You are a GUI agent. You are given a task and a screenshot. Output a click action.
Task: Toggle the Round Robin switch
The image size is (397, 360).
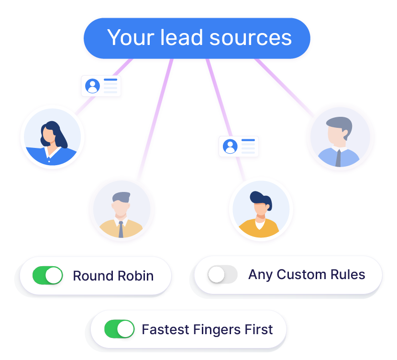47,276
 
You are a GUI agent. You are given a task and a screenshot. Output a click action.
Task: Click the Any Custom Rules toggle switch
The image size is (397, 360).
222,274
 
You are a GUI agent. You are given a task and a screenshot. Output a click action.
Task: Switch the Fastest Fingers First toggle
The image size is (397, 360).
119,329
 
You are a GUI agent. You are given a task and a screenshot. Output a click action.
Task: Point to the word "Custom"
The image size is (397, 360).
298,274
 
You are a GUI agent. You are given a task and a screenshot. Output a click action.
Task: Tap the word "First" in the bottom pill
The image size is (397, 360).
260,329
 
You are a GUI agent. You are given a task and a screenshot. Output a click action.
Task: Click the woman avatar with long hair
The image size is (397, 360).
52,137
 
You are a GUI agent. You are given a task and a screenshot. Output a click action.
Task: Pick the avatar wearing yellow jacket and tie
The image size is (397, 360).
121,211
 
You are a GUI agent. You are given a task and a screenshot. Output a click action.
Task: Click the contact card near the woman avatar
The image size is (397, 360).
101,87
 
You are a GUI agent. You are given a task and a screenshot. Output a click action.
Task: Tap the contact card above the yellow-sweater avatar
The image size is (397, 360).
238,146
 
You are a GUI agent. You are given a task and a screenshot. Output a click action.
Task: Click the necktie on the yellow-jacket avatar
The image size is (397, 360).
121,229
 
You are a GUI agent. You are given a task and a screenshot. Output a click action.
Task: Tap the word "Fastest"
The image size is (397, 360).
166,329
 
